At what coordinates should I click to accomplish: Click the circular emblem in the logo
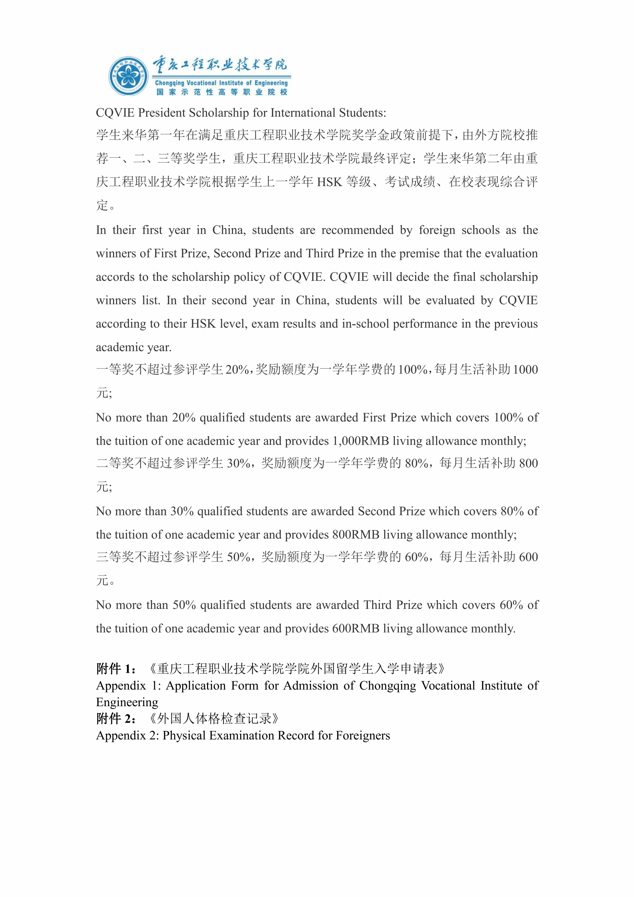[128, 76]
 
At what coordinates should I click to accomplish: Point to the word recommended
[357, 230]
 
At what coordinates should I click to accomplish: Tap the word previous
[516, 324]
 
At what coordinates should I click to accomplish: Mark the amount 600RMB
[356, 628]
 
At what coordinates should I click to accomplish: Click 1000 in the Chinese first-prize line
[525, 370]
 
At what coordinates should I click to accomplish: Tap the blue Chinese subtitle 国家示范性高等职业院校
[222, 92]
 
